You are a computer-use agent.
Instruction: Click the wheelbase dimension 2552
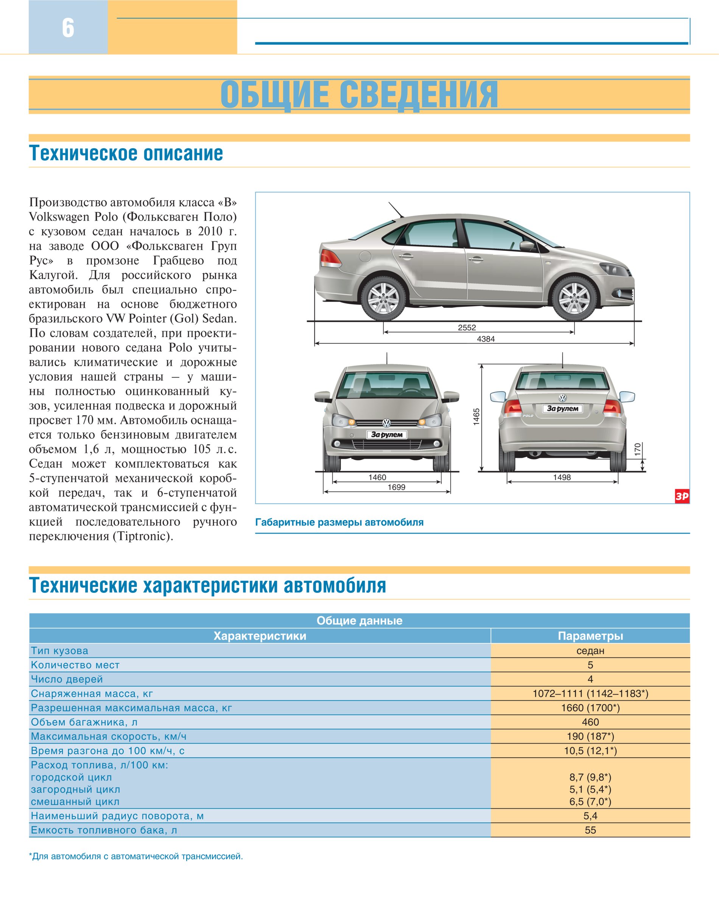467,328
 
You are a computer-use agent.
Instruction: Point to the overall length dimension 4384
486,339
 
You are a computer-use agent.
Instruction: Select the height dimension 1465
476,417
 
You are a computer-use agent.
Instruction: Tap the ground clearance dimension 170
638,449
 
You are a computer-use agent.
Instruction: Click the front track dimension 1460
377,478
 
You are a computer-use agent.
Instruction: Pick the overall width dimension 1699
397,487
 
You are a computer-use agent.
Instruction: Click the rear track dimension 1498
562,478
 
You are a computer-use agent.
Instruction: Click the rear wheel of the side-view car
383,298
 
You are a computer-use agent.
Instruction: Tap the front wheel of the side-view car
574,298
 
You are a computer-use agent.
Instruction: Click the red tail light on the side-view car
330,258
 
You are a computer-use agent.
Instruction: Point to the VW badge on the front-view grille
386,423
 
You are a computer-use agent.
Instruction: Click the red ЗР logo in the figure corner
682,497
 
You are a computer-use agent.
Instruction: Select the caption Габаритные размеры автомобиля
339,523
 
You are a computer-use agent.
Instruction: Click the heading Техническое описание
126,153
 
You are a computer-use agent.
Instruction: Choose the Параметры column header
590,636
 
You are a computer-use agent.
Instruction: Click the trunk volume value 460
590,722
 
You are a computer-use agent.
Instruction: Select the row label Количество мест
75,665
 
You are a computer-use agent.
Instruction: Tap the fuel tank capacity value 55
590,830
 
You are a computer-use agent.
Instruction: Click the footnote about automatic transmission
135,856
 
